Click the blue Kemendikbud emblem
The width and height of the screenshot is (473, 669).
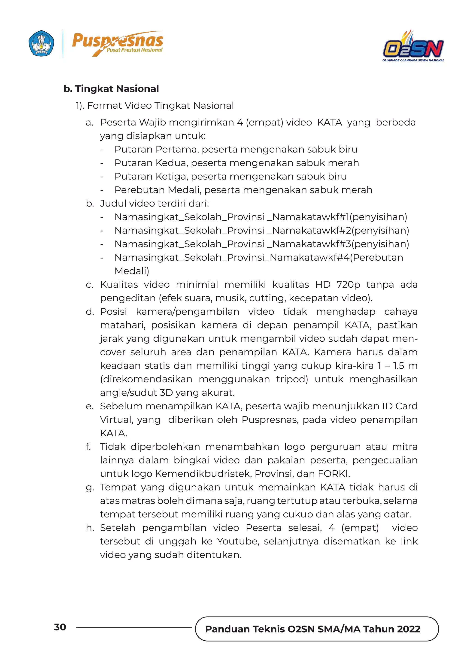41,43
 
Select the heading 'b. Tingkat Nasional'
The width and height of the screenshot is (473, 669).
111,88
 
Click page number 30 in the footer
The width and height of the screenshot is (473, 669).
60,627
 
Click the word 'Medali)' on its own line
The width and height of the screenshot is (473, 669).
132,271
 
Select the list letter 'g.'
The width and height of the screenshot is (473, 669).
90,487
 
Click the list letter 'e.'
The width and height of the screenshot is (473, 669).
89,406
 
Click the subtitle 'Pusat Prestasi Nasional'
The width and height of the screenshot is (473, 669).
135,50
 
